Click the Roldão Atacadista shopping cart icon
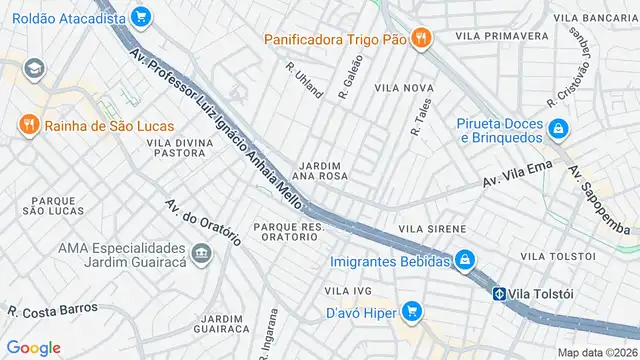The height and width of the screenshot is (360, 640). click(x=140, y=16)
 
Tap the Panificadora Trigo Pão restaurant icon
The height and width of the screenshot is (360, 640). click(x=423, y=39)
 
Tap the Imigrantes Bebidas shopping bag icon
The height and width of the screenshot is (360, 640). click(x=465, y=261)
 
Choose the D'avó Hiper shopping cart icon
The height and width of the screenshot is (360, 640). click(x=410, y=310)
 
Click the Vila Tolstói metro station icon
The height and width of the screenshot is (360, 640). click(x=498, y=293)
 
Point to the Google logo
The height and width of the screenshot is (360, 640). click(x=33, y=347)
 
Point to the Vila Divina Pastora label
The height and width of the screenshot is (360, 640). click(x=180, y=149)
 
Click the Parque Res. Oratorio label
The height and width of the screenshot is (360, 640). click(x=289, y=233)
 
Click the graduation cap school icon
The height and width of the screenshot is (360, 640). click(x=36, y=68)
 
